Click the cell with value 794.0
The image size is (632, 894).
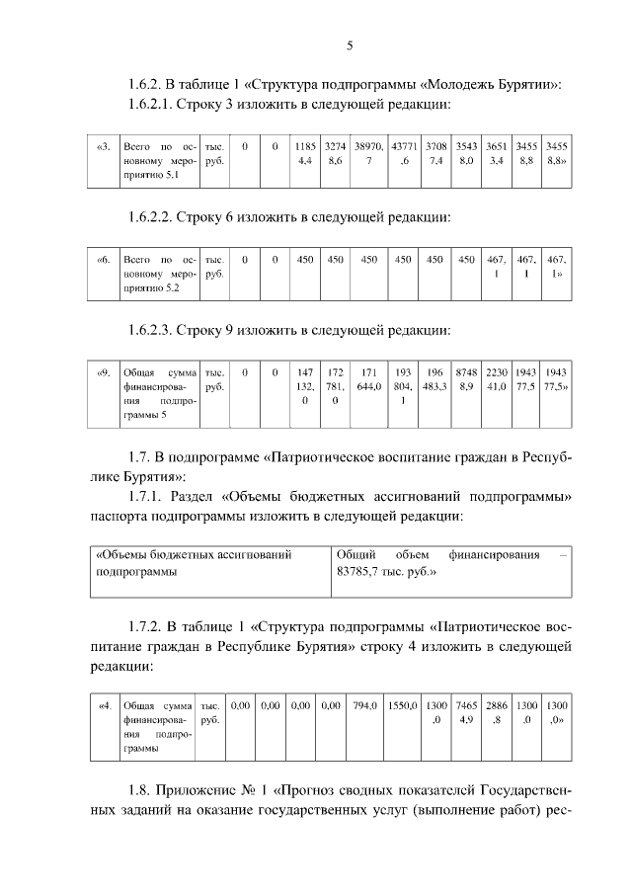(366, 706)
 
